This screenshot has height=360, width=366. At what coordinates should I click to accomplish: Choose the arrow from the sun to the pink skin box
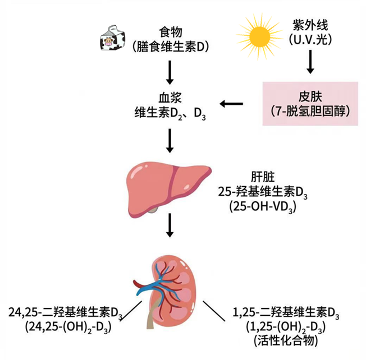point(309,62)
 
